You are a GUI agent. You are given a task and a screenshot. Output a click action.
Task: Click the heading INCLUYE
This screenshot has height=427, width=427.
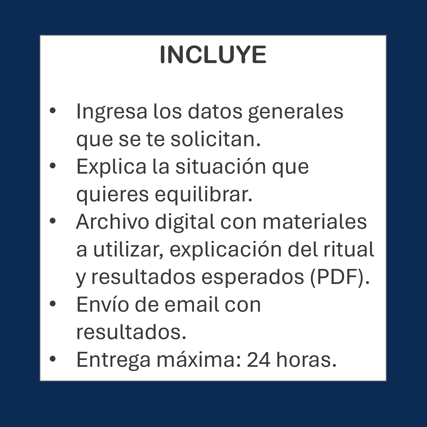[x=213, y=55]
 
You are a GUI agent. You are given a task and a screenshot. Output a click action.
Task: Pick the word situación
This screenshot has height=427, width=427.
[x=221, y=167]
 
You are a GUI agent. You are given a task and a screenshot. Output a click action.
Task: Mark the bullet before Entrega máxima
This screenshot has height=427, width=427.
[x=53, y=359]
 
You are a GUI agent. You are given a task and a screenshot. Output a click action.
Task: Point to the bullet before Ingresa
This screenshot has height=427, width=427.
[x=53, y=110]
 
